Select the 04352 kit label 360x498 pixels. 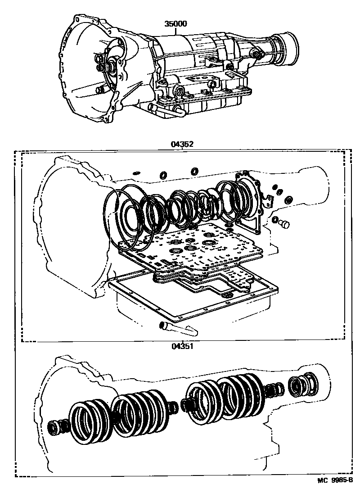tap(182, 144)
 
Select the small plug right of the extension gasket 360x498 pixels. tap(284, 224)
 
